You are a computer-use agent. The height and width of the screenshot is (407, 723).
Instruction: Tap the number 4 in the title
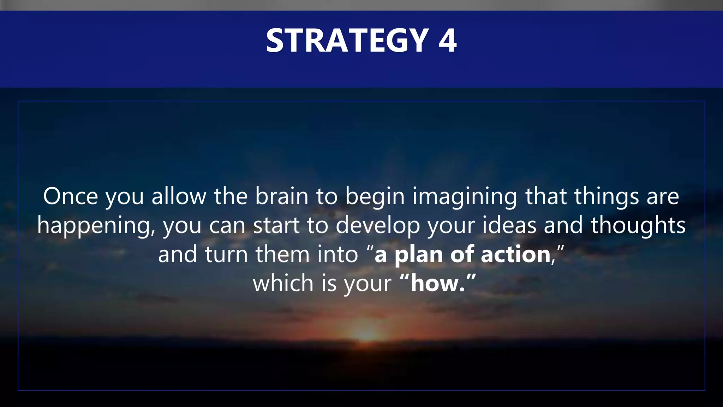coord(447,41)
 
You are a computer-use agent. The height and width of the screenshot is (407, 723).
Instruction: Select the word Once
coord(70,196)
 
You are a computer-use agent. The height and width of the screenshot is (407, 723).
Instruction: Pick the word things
coord(606,197)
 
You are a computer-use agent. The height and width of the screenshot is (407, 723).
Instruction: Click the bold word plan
coord(418,255)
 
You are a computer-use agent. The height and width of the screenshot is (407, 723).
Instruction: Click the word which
coord(283,283)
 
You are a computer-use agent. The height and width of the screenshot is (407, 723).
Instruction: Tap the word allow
coord(179,196)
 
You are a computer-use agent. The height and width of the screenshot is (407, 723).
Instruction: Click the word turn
coord(226,254)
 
